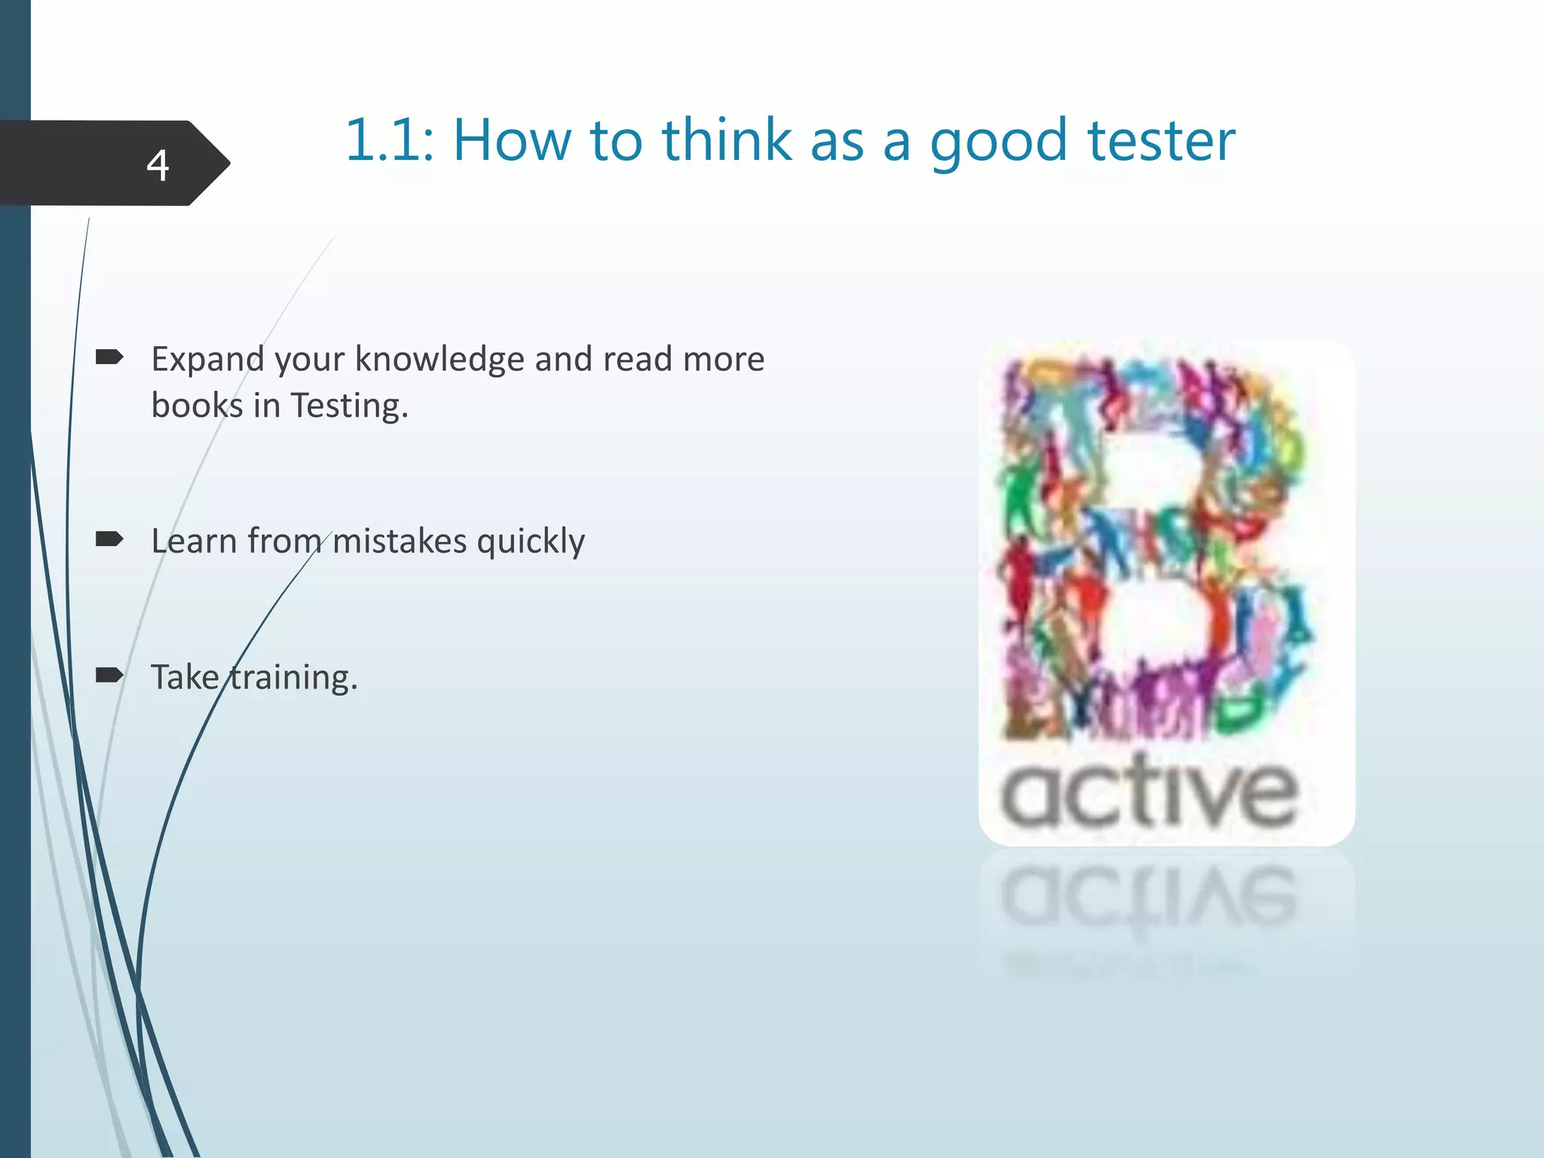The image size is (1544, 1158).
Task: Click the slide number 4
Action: coord(158,165)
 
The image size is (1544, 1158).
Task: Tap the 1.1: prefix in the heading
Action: coord(389,141)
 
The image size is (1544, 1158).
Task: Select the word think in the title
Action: coord(727,141)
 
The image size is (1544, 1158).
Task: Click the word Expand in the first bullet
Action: coord(207,360)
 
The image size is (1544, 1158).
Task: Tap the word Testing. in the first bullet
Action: coord(349,406)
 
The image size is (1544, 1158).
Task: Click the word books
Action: coord(197,406)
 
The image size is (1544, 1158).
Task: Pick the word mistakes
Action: coord(400,541)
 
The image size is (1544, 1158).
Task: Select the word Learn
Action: coord(194,541)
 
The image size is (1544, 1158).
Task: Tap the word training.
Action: coord(293,678)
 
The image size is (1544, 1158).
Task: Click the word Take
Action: coord(185,677)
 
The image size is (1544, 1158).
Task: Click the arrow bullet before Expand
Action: coord(109,357)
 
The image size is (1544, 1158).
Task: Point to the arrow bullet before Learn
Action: coord(109,539)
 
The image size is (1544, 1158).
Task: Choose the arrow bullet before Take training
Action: coord(109,675)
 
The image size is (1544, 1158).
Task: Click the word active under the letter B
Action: coord(1150,793)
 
